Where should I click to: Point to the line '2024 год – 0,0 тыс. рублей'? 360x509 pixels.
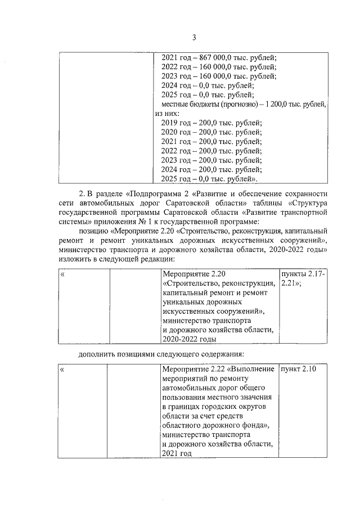click(x=207, y=85)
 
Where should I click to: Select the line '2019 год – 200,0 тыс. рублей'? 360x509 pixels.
click(x=211, y=123)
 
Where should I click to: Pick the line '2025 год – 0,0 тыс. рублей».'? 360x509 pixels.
click(x=209, y=179)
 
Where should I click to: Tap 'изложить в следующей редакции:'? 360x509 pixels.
click(x=116, y=259)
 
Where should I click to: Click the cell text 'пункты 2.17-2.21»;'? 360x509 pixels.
click(x=303, y=278)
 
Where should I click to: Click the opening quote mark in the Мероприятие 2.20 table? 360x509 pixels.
click(x=62, y=274)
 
